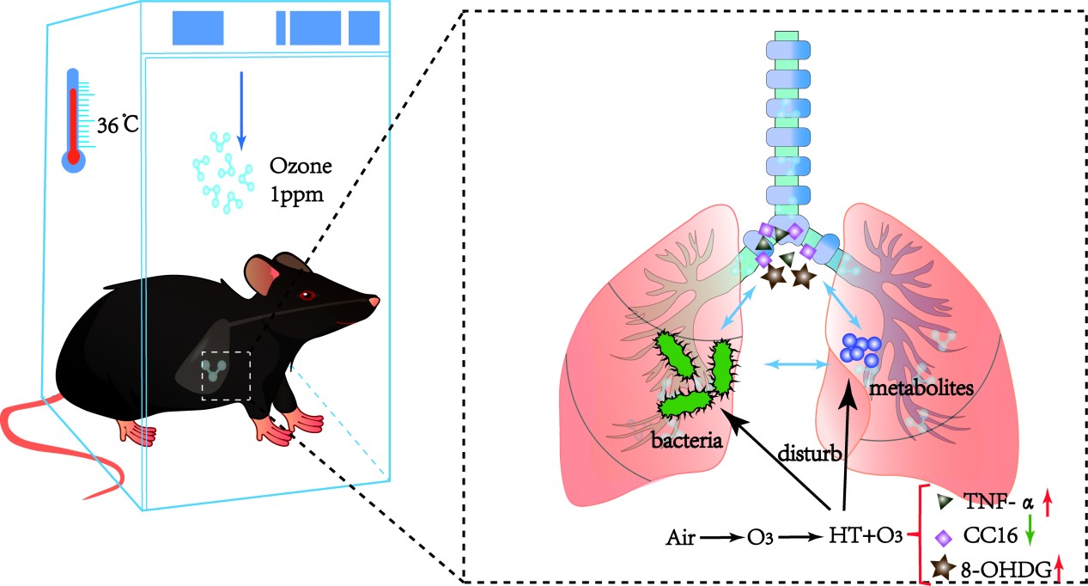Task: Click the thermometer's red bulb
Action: (74, 158)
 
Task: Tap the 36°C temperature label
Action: (115, 125)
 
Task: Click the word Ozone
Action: (295, 166)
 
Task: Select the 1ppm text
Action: (295, 194)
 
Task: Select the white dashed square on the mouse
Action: (226, 375)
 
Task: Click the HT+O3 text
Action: (865, 537)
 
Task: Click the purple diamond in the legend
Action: (944, 537)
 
